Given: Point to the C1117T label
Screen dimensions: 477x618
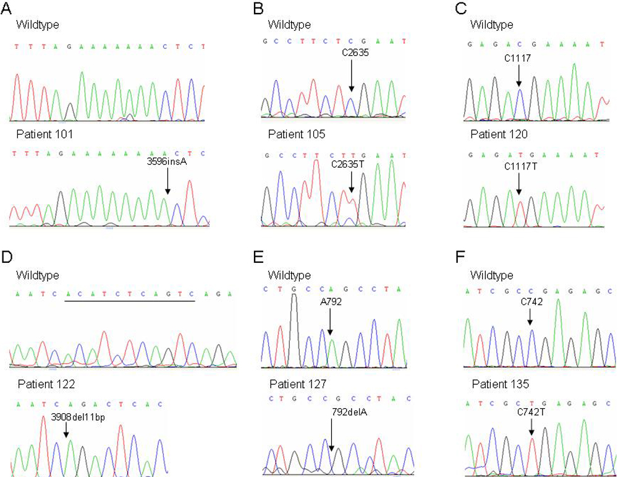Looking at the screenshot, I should tap(518, 166).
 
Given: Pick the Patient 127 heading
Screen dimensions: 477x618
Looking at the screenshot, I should tap(294, 384).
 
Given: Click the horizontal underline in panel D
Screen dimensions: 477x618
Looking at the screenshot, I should tap(130, 301).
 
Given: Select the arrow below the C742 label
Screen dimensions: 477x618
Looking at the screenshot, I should tap(530, 316).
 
